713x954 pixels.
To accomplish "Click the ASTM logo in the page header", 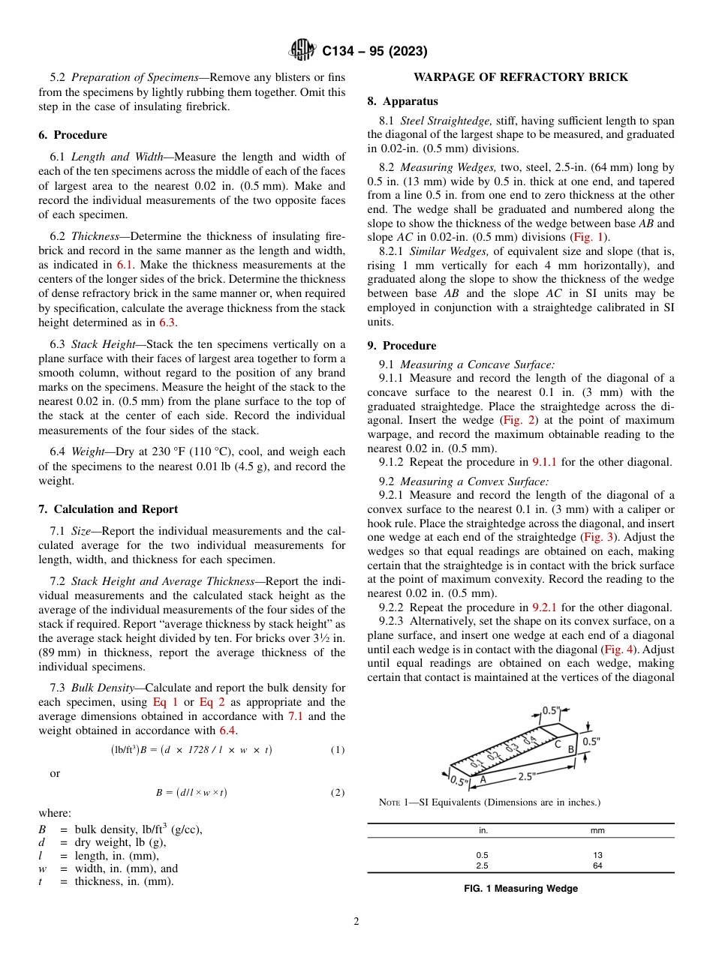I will pos(302,51).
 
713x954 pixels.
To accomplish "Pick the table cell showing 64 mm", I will pos(597,865).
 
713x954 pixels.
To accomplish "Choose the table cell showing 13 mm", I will pos(597,855).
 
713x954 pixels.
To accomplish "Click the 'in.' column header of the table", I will pos(483,830).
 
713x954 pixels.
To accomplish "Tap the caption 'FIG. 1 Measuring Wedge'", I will pos(520,889).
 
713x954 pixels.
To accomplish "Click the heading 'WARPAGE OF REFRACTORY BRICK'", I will pos(520,77).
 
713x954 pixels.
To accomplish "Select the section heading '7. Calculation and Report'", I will pos(108,509).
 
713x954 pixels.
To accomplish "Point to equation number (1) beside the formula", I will pos(337,750).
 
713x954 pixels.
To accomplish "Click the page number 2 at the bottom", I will pos(356,922).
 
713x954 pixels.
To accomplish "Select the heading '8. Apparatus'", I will pos(402,101).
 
